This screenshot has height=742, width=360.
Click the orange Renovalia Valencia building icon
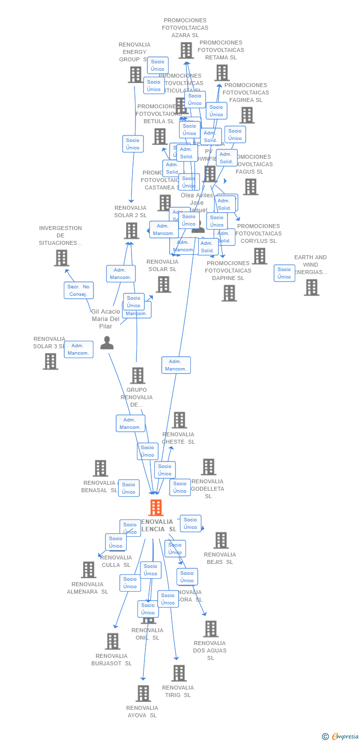point(156,508)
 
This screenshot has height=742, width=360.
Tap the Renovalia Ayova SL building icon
point(143,694)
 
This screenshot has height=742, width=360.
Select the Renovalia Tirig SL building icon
point(179,673)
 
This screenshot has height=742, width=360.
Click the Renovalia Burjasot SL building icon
point(112,642)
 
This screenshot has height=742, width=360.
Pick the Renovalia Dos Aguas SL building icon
point(211,629)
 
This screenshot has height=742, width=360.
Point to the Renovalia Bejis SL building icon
point(221,540)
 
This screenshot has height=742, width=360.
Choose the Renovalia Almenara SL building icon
point(88,570)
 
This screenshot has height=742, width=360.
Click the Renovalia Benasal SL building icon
point(100,468)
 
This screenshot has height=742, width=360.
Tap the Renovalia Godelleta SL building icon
point(208,467)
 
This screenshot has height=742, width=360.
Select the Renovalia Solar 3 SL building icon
point(50,362)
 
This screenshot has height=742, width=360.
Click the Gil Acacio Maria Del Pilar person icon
point(107,342)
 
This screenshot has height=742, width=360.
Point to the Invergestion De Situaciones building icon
point(61,258)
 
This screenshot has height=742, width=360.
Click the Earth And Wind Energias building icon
point(311,287)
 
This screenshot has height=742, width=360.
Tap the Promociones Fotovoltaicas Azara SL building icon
point(186,50)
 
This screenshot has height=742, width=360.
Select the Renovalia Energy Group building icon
point(135,75)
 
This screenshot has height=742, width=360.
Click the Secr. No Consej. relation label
point(79,290)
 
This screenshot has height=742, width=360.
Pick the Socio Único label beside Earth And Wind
point(284,273)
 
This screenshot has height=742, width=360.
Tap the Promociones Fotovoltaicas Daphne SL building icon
point(228,293)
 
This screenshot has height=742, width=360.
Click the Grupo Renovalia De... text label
point(136,397)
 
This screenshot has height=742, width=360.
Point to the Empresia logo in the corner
point(341,736)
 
